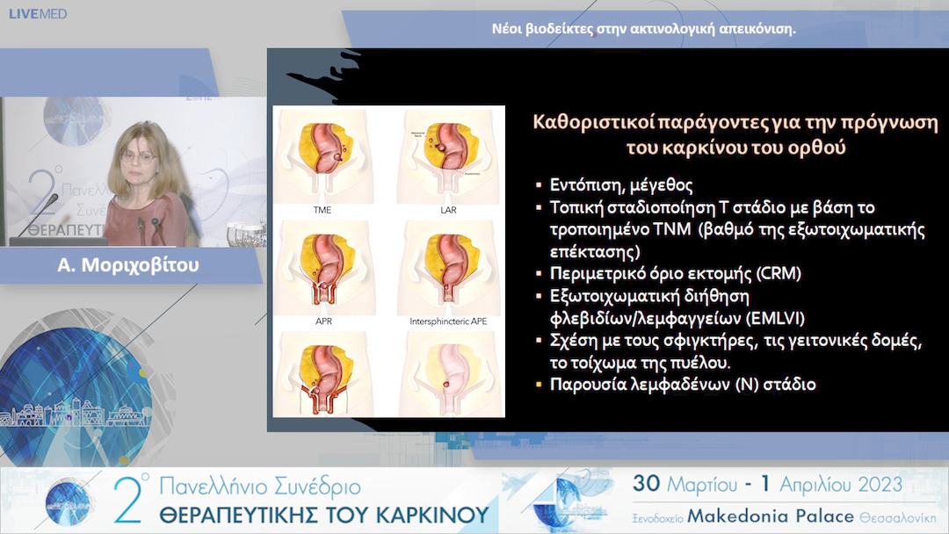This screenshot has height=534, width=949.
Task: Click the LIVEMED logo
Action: (34, 14)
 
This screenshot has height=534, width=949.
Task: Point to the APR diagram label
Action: (322, 321)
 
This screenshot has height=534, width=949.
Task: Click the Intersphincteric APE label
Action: (447, 321)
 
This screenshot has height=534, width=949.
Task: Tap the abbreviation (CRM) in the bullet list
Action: (778, 274)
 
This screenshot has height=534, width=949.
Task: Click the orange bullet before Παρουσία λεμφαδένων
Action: (539, 385)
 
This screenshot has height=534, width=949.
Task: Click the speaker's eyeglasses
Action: (141, 155)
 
